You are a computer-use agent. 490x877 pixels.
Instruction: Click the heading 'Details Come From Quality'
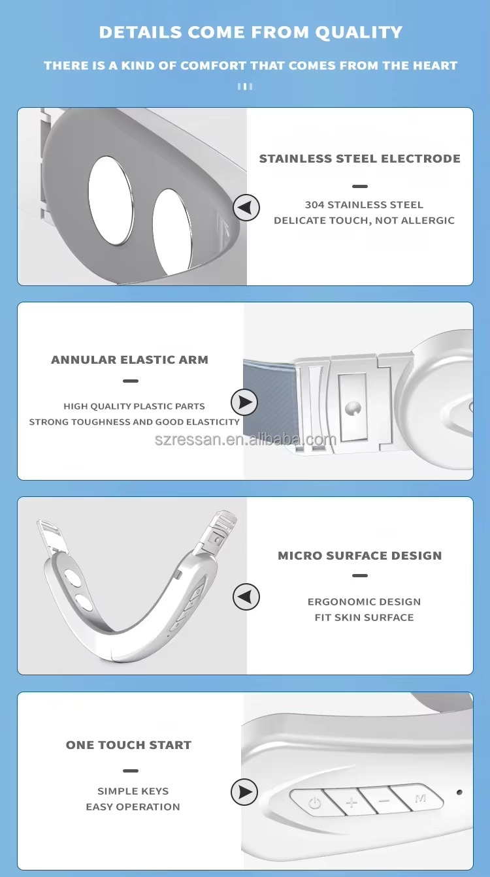click(251, 32)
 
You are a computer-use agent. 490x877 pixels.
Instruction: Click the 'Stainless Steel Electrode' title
click(359, 159)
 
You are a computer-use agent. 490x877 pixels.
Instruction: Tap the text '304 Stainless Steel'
click(364, 205)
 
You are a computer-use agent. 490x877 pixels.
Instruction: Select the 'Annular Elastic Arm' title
click(129, 360)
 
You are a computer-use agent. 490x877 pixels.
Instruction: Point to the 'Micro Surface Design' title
click(359, 556)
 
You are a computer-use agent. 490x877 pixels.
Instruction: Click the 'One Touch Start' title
click(129, 745)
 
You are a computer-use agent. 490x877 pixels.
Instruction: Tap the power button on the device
click(314, 803)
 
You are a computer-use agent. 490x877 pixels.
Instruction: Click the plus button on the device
click(351, 801)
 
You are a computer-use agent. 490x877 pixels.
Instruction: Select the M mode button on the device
click(419, 797)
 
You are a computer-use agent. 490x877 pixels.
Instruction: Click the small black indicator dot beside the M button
click(459, 792)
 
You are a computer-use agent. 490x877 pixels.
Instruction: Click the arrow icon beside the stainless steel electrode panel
click(246, 208)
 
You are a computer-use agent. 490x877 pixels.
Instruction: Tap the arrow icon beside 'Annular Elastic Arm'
click(244, 402)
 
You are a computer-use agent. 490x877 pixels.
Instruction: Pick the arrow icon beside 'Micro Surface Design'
click(246, 597)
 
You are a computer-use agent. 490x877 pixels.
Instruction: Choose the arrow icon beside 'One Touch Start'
click(244, 792)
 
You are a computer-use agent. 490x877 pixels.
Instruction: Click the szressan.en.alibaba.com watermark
click(246, 439)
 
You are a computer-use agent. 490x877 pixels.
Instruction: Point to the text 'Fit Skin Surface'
click(364, 617)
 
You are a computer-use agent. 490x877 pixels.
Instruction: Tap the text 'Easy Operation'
click(133, 807)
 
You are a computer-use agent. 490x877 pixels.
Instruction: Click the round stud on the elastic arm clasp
click(353, 408)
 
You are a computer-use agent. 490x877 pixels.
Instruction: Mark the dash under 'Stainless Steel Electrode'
click(359, 186)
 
